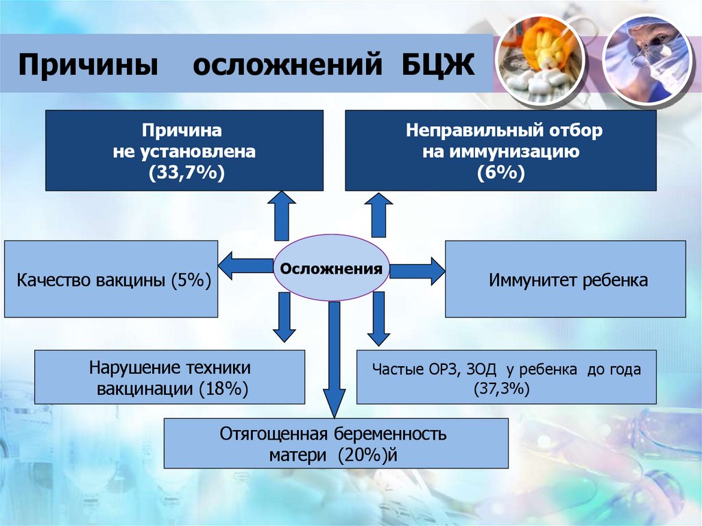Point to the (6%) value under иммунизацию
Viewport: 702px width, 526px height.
tap(501, 172)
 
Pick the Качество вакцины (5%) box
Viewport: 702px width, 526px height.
tap(111, 279)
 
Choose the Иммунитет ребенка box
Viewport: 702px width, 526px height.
tap(565, 279)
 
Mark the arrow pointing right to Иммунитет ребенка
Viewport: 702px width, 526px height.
tap(417, 270)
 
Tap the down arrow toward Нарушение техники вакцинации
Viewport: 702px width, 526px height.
tap(280, 317)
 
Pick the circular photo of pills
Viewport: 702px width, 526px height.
tap(540, 60)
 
